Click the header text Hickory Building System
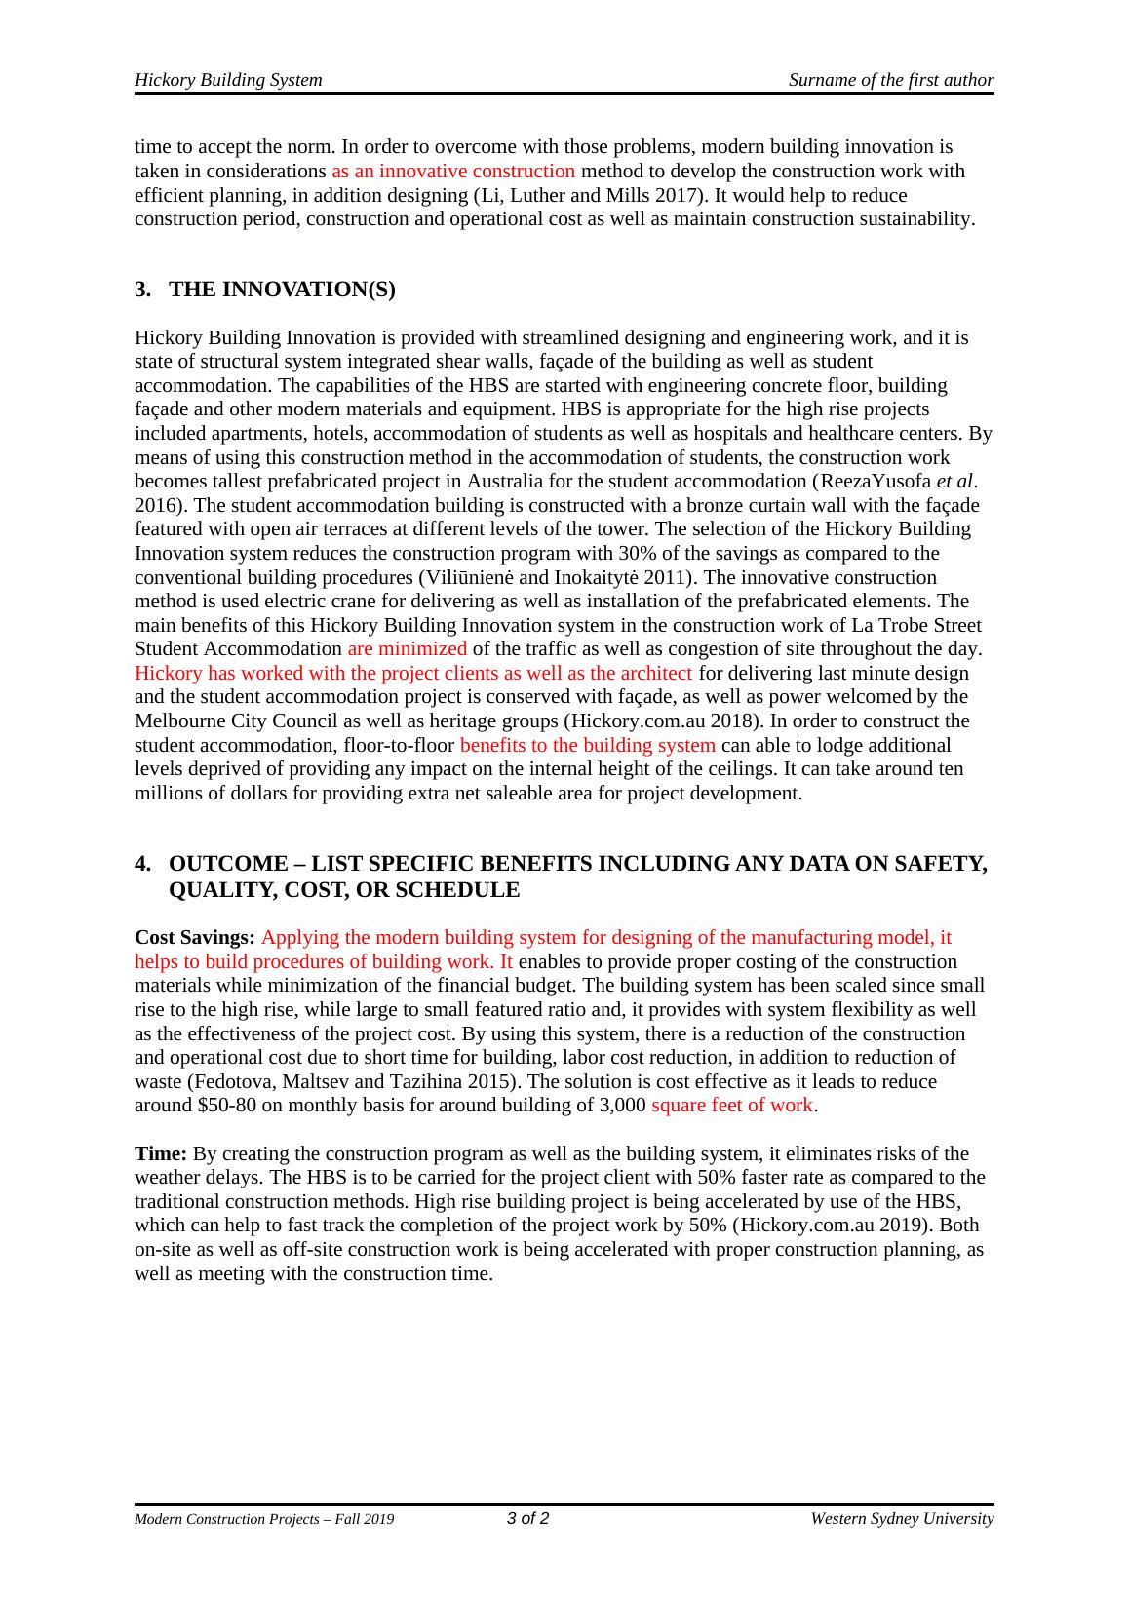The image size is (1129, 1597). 228,80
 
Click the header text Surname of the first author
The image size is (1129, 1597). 891,80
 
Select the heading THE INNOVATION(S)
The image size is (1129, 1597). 282,290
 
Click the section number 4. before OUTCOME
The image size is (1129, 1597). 143,864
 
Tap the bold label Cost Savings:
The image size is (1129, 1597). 195,937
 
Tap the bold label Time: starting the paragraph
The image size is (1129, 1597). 161,1153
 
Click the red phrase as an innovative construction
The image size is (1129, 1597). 453,171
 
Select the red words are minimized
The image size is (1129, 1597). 407,648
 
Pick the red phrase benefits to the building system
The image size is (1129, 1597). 587,745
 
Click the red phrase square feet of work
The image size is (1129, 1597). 731,1105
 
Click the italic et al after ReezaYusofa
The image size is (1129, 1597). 954,481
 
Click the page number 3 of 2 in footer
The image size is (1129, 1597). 527,1518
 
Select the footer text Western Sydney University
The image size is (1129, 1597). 902,1518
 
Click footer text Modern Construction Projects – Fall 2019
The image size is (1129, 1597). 264,1519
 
